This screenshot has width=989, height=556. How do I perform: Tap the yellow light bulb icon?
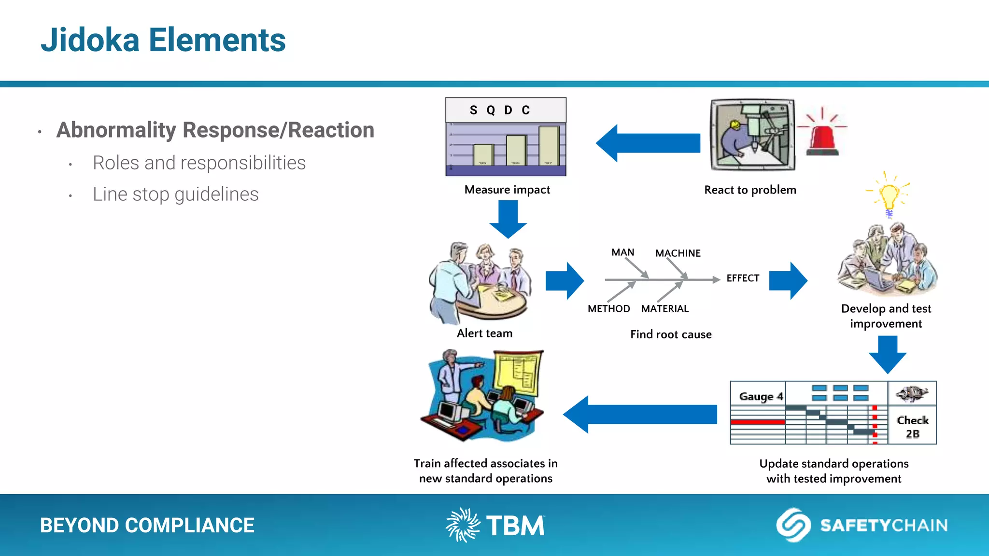889,195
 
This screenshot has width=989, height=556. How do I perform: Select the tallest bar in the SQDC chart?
549,146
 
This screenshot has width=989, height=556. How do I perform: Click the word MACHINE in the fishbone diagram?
678,253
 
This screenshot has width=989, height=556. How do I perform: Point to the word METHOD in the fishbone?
608,309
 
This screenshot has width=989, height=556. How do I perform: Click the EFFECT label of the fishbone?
743,278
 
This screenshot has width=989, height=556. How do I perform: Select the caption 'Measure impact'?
507,190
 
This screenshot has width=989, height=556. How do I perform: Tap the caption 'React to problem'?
750,190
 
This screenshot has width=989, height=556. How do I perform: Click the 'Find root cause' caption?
671,334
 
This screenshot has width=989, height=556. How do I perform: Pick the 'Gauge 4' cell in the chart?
760,396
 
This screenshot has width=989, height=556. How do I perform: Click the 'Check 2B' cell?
912,426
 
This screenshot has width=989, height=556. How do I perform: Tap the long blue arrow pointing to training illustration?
640,414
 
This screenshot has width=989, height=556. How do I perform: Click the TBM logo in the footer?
495,525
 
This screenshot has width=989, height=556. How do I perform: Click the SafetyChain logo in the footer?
862,525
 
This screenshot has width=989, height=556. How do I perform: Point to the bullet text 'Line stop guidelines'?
175,195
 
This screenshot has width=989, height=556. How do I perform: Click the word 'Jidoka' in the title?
90,40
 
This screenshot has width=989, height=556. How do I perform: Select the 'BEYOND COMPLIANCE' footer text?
147,526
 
